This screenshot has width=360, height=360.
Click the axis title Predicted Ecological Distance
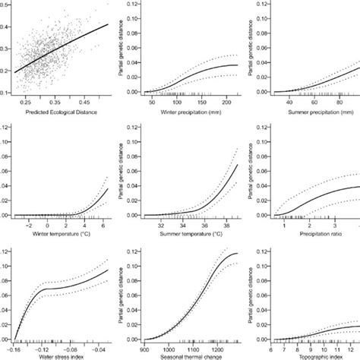pos(60,112)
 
